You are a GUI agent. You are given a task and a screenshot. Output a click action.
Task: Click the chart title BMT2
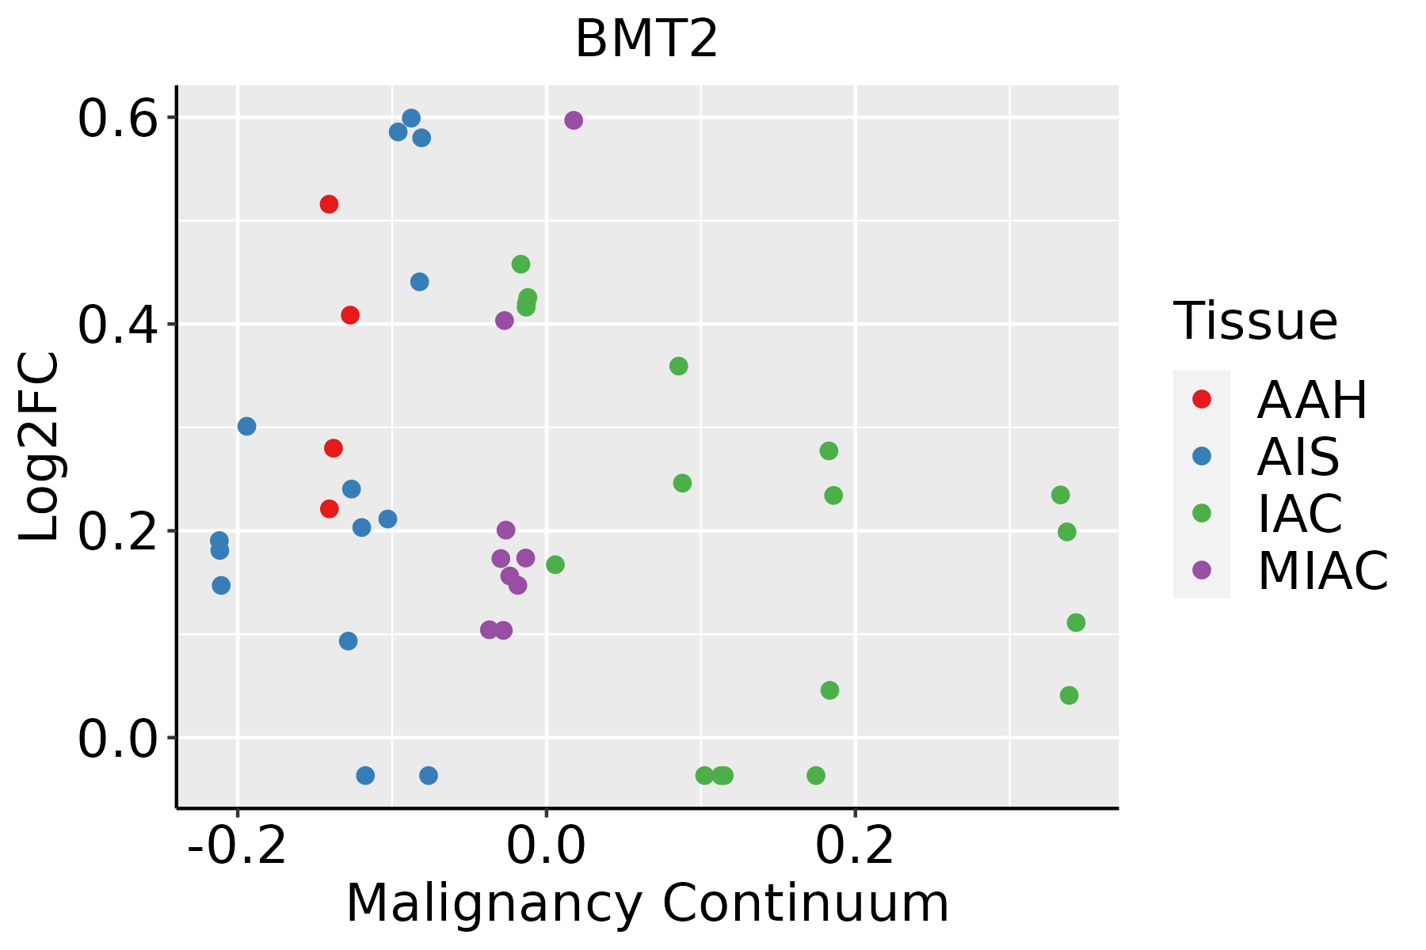click(x=646, y=40)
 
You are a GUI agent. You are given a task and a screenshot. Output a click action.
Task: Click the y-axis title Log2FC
click(x=40, y=447)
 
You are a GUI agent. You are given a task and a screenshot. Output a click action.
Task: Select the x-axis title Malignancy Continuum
click(x=647, y=904)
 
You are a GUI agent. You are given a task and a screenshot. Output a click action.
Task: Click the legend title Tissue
click(x=1256, y=321)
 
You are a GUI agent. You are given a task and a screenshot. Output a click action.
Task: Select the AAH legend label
click(x=1312, y=401)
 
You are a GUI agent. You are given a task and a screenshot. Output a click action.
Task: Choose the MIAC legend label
click(x=1323, y=571)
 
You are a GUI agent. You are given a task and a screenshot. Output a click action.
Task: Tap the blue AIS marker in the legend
click(x=1202, y=456)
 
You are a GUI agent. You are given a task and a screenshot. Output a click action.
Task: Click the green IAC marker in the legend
click(x=1202, y=513)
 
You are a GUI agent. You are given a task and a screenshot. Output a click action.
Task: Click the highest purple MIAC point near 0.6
click(x=574, y=120)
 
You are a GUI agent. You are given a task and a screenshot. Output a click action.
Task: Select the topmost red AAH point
click(x=329, y=204)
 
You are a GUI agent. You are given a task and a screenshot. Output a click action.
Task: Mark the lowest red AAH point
click(x=330, y=508)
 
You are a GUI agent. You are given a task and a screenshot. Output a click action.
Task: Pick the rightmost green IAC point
click(x=1076, y=623)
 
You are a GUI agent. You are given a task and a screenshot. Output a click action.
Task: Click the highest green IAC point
click(x=520, y=264)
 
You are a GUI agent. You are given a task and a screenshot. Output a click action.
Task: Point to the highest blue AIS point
click(x=411, y=119)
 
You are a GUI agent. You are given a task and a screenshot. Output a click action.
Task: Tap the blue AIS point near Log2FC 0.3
click(x=247, y=427)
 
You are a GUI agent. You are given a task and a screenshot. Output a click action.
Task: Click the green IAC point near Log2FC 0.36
click(x=678, y=366)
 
